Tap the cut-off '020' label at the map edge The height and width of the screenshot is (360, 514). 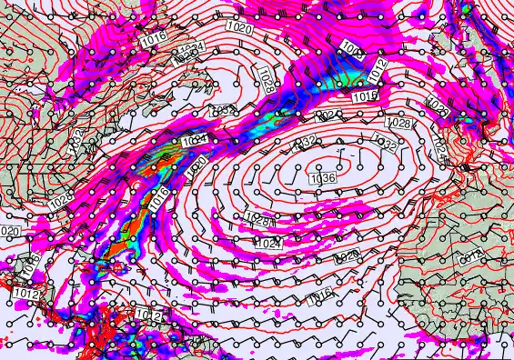[9, 231]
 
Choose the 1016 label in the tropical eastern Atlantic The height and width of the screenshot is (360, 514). [319, 294]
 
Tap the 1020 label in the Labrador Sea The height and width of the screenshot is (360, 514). [239, 28]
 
